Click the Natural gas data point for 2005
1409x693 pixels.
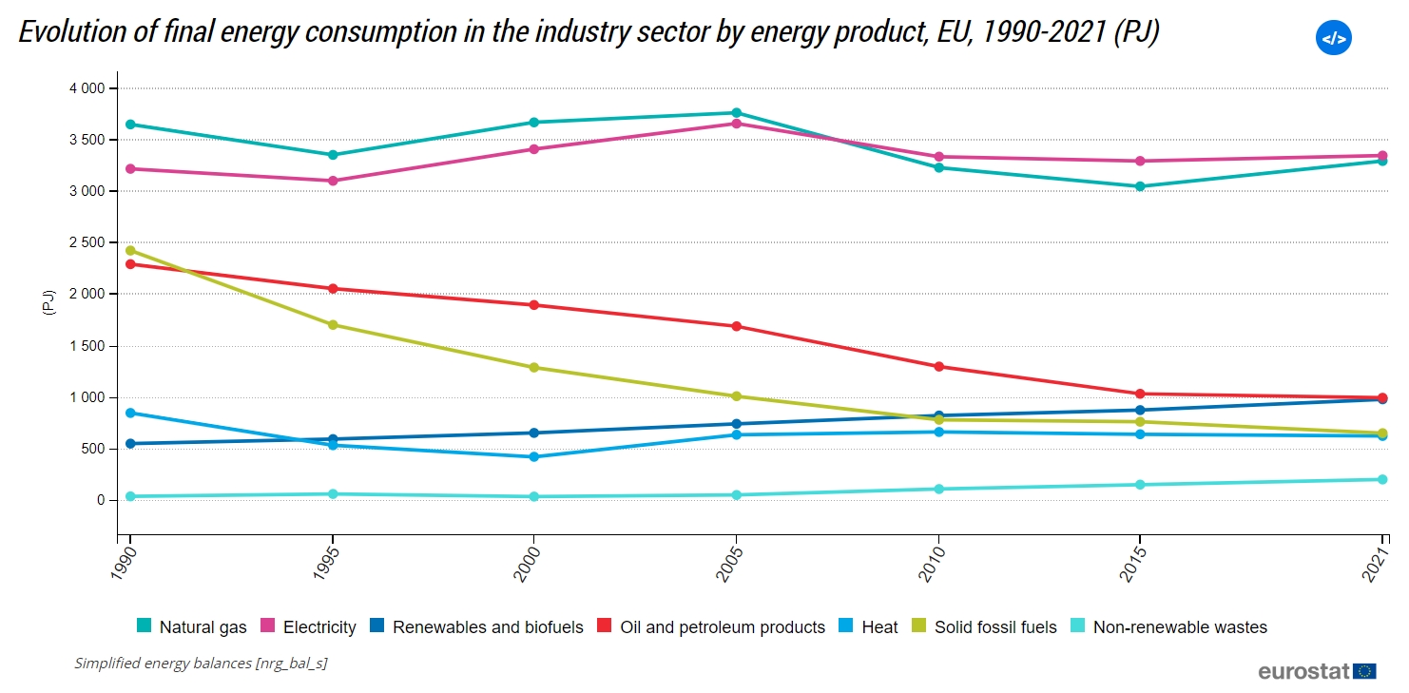coord(736,113)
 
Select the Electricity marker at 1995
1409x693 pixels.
coord(333,181)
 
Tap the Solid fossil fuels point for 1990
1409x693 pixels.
coord(130,251)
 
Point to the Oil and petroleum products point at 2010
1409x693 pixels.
coord(938,366)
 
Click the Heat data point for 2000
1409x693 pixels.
coord(534,456)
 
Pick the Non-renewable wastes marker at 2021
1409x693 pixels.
coord(1382,479)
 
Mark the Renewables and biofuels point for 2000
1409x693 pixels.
coord(534,433)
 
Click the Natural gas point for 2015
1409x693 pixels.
coord(1140,186)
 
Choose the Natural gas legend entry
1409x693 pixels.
coord(192,626)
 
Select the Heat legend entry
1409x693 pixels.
coord(868,626)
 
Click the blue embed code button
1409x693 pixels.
coord(1333,38)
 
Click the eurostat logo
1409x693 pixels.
coord(1317,671)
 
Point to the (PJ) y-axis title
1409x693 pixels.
coord(48,302)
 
